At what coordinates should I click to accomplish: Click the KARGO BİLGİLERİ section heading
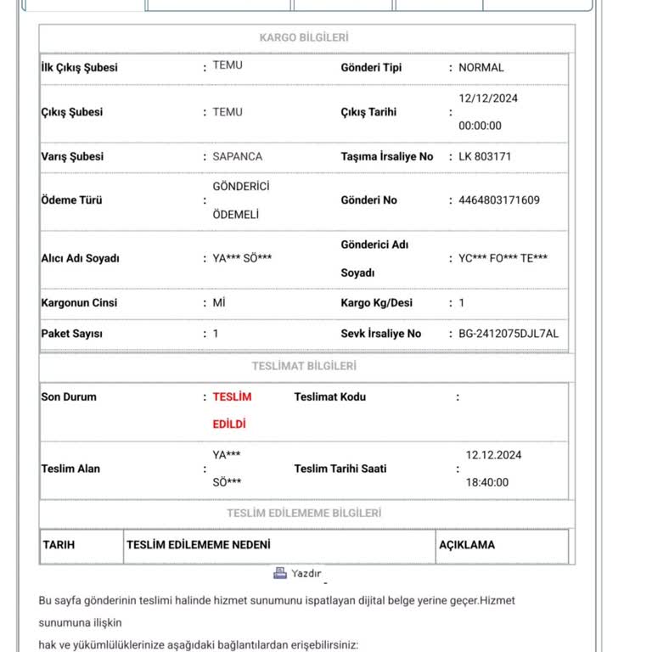point(304,37)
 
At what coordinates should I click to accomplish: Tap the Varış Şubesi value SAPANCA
point(237,156)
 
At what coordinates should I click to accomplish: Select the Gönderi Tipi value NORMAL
point(481,67)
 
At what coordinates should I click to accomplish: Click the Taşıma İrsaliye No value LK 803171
point(485,156)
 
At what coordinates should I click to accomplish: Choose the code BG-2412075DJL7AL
point(503,334)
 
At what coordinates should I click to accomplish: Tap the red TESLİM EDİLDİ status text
point(231,410)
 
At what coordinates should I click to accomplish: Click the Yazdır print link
point(306,574)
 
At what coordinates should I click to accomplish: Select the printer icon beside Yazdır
point(280,573)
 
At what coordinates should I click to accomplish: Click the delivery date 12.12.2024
point(494,455)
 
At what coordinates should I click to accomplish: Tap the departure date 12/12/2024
point(488,98)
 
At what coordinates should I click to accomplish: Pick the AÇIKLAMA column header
point(466,545)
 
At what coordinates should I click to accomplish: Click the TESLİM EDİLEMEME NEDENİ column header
point(198,545)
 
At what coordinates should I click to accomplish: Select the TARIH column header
point(59,545)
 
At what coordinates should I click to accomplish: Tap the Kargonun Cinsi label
point(79,303)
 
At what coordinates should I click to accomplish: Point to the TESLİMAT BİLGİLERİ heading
point(304,366)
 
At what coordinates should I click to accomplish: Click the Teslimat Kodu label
point(329,396)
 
